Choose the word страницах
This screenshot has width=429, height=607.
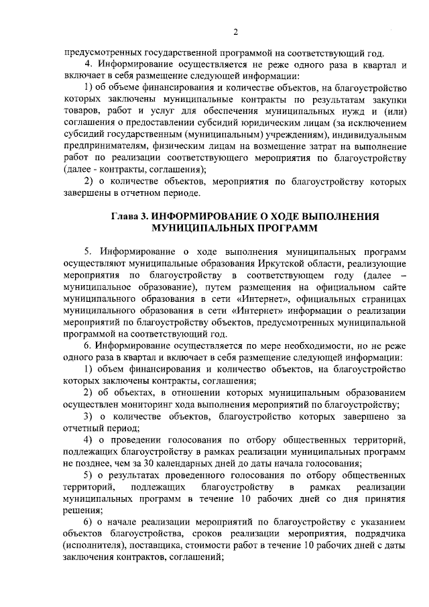tap(381, 298)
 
